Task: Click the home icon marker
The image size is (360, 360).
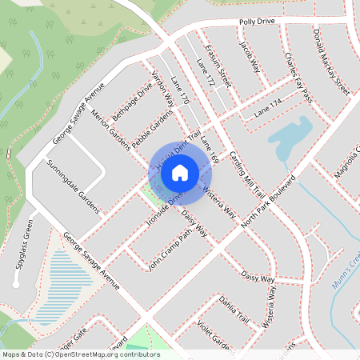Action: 180,171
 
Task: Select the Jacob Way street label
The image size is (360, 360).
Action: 250,55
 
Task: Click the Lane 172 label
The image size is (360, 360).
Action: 206,73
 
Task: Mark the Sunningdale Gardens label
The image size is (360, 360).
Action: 72,185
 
